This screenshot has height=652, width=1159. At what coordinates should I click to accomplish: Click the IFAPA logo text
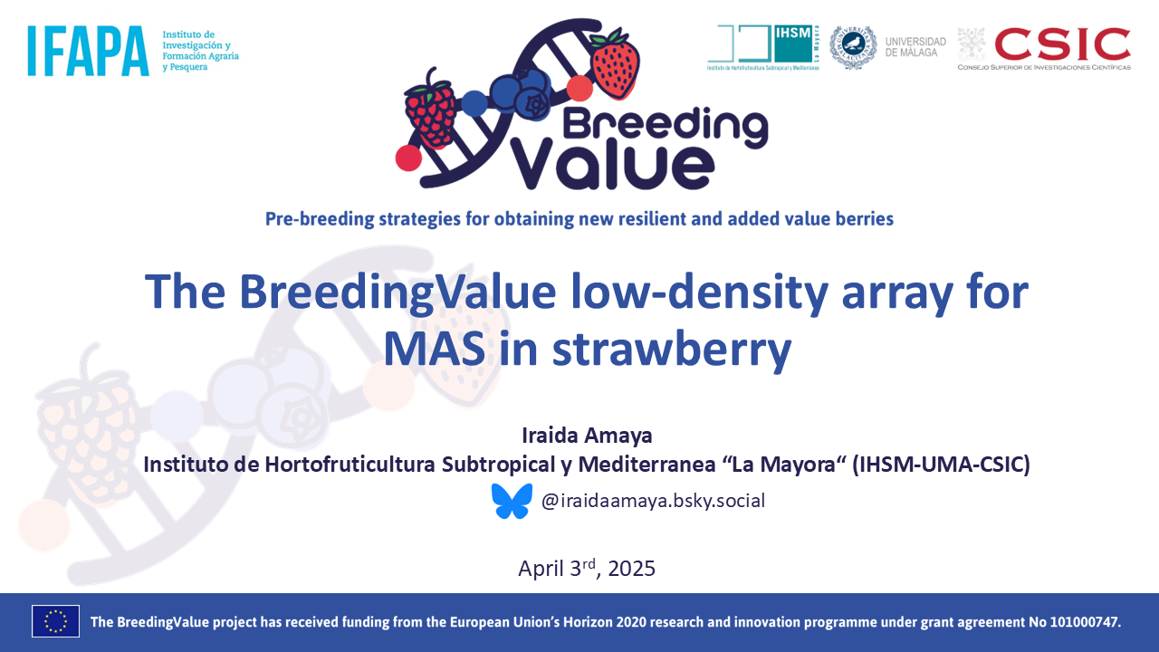coord(88,50)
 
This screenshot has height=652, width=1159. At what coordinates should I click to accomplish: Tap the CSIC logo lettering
coord(1062,43)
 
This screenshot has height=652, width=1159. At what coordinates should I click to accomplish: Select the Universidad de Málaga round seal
coord(852,47)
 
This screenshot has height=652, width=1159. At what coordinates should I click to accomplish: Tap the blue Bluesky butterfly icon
coord(512,501)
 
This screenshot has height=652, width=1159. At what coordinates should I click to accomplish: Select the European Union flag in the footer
coord(55,621)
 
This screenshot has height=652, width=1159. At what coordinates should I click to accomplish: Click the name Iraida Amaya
coord(587,436)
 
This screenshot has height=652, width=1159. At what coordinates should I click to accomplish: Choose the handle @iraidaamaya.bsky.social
coord(653,500)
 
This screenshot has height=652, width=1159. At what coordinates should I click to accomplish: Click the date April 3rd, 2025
coord(586,569)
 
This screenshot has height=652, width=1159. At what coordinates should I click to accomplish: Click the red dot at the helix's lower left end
coord(408,158)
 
